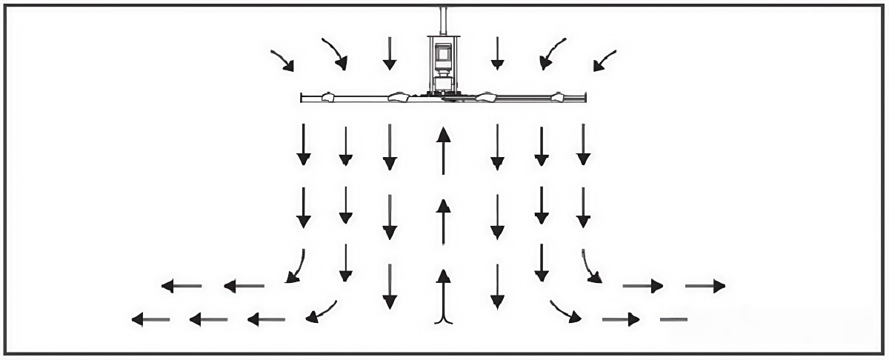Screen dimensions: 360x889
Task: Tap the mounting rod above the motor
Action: pyautogui.click(x=444, y=20)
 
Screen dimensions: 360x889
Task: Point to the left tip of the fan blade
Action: pyautogui.click(x=304, y=97)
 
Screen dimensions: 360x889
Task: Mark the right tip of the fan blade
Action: pyautogui.click(x=585, y=97)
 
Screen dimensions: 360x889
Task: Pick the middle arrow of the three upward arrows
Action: pyautogui.click(x=443, y=221)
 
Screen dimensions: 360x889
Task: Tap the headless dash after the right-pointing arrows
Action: pyautogui.click(x=673, y=319)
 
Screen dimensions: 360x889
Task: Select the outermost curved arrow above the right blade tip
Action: pyautogui.click(x=605, y=60)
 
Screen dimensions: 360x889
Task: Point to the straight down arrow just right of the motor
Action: pyautogui.click(x=497, y=53)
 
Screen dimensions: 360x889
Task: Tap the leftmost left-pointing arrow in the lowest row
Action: pyautogui.click(x=150, y=319)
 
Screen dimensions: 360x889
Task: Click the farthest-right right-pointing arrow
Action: pyautogui.click(x=705, y=285)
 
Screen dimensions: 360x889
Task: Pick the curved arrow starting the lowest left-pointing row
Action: pyautogui.click(x=321, y=313)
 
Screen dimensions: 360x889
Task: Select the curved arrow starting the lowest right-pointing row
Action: pyautogui.click(x=565, y=312)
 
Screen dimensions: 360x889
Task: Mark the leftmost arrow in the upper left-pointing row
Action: pyautogui.click(x=182, y=285)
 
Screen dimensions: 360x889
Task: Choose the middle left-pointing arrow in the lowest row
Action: pyautogui.click(x=208, y=319)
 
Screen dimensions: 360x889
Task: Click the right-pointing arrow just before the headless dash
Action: pyautogui.click(x=621, y=319)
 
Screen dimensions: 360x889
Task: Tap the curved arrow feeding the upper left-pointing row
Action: pyautogui.click(x=296, y=267)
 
